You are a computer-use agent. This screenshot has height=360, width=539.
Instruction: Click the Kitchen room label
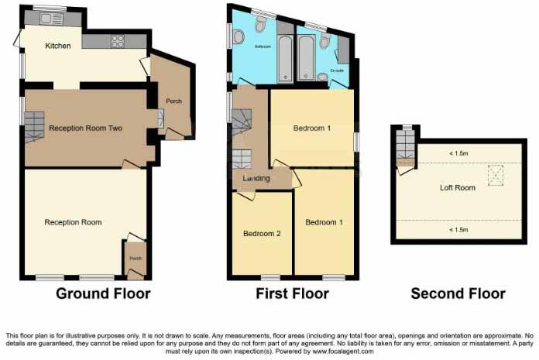tap(58, 46)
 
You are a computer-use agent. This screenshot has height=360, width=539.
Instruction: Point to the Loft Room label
tap(457, 187)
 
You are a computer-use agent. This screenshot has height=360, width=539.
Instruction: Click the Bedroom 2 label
tap(261, 232)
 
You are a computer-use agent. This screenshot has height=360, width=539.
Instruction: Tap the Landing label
tap(256, 179)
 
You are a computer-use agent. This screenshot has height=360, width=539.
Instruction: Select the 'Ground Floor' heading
tap(103, 294)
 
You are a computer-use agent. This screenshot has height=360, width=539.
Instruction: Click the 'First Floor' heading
tap(292, 294)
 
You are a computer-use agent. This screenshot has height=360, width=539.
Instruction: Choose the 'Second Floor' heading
tap(458, 294)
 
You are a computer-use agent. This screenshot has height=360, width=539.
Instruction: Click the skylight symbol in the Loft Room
tap(494, 175)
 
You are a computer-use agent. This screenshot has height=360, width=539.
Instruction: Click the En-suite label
tap(337, 70)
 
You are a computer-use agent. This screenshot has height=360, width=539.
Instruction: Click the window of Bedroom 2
tap(270, 277)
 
